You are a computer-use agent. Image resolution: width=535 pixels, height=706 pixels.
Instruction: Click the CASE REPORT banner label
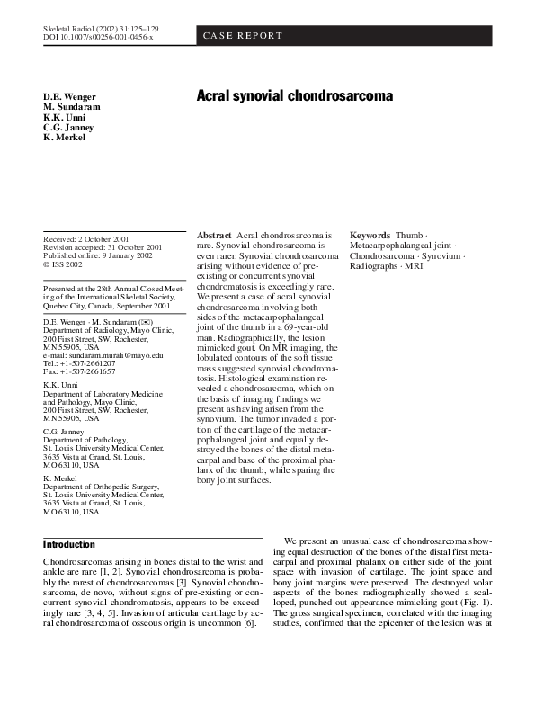click(242, 36)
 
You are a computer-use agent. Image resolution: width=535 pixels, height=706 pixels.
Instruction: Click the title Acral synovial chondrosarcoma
click(295, 95)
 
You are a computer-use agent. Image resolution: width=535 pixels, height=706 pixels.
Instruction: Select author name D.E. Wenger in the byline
click(68, 96)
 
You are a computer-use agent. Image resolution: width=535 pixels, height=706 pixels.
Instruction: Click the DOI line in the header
click(98, 39)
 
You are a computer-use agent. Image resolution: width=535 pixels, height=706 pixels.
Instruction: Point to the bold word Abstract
click(214, 235)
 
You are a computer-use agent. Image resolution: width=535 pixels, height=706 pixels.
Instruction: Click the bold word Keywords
click(370, 235)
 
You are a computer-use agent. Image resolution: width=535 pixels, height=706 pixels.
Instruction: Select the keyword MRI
click(414, 266)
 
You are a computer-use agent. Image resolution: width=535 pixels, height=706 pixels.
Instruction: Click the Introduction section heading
click(69, 545)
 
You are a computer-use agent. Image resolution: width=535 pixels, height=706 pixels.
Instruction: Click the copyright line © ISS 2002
click(63, 264)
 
